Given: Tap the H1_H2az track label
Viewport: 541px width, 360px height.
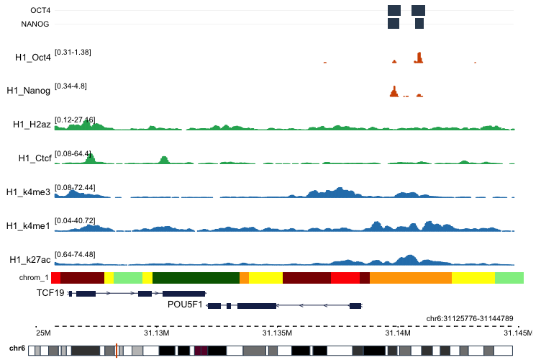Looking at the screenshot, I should click(32, 125).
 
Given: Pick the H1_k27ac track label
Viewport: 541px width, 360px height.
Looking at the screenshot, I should click(29, 259).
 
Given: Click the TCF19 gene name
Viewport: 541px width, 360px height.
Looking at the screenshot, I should click(50, 293).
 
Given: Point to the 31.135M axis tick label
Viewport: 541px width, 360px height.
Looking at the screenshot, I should click(277, 333).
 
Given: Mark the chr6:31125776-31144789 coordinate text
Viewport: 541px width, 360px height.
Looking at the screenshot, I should click(470, 318).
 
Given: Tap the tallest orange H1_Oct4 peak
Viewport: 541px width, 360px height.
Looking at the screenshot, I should click(419, 58).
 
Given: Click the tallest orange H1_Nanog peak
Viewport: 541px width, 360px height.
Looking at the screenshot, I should click(394, 91).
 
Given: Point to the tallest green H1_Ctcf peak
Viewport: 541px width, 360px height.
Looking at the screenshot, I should click(89, 158).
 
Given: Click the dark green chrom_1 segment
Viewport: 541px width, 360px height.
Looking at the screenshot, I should click(196, 277).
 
